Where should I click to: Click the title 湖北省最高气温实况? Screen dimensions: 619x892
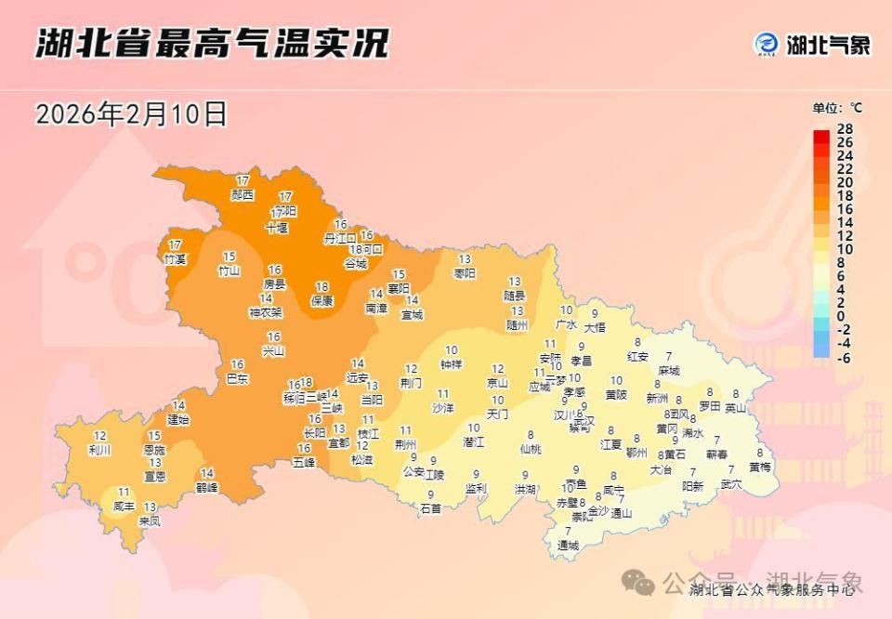(212, 44)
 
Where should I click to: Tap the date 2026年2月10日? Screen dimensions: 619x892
(131, 114)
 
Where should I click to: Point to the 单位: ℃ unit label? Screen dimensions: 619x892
(837, 108)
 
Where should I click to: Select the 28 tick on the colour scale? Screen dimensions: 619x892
(845, 128)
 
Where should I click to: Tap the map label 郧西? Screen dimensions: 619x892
(243, 195)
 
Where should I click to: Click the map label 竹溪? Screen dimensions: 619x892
(175, 257)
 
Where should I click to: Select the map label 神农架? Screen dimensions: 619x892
(266, 312)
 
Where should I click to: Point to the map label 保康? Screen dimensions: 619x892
(321, 300)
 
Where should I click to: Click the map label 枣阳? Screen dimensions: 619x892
(464, 273)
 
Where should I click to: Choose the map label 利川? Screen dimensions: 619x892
(99, 450)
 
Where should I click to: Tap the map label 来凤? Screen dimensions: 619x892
(150, 520)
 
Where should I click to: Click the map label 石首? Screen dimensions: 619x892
(430, 508)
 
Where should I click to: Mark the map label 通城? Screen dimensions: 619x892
(568, 545)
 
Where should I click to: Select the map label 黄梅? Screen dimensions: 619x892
(759, 467)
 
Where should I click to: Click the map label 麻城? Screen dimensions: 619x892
(669, 370)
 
